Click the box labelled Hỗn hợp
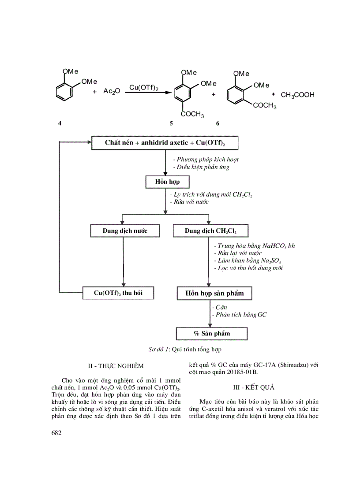click(162, 182)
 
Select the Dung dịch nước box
click(125, 231)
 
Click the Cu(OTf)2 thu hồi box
click(118, 293)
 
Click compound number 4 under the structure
click(60, 123)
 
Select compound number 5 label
click(171, 123)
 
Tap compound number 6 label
click(217, 123)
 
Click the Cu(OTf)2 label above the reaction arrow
click(144, 88)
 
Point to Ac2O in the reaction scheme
click(112, 92)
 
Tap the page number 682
click(56, 433)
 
